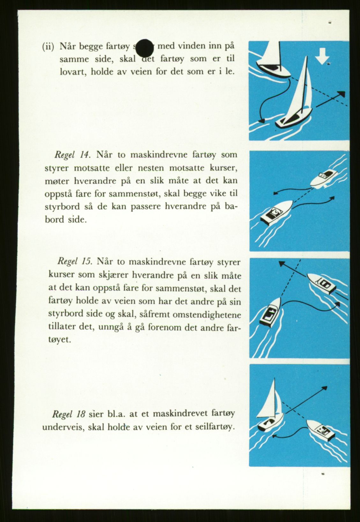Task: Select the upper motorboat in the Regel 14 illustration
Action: [x=325, y=179]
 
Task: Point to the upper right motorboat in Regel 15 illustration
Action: [x=320, y=283]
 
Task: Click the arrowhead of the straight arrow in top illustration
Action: [x=342, y=94]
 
